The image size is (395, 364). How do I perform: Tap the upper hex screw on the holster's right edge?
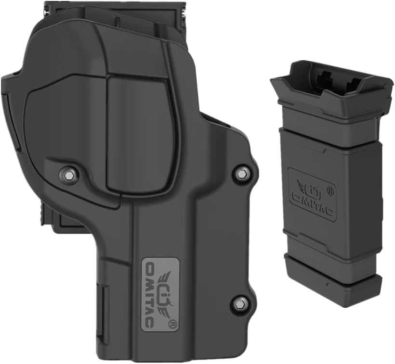pyautogui.click(x=241, y=173)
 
